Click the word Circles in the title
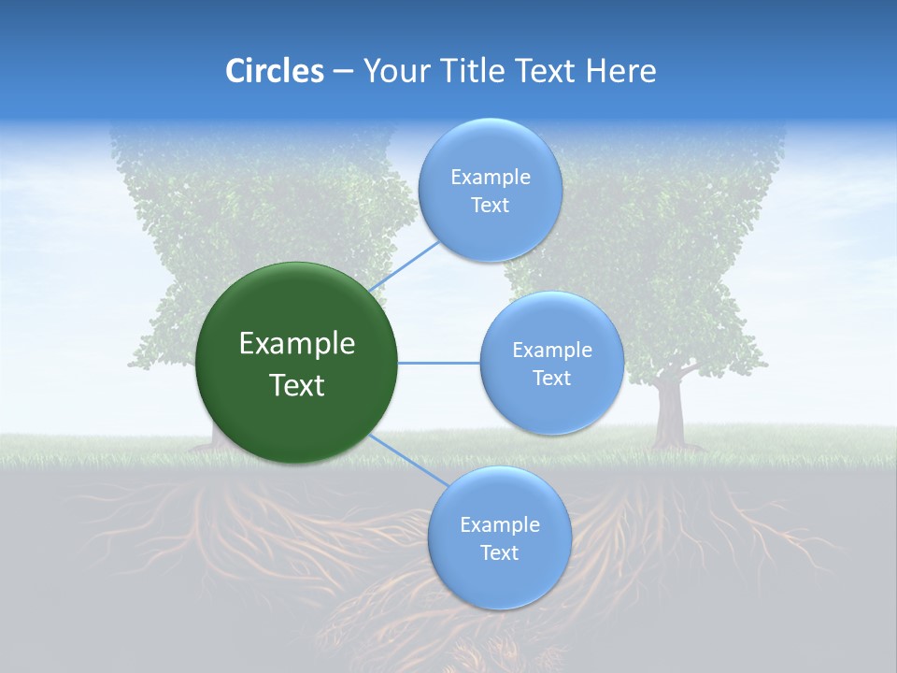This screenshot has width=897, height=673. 275,71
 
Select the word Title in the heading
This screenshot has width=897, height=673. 478,71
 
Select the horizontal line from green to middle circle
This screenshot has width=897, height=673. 438,363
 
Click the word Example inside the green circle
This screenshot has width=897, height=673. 297,344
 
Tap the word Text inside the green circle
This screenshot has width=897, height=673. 297,385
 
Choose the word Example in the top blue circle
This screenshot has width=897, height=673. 490,178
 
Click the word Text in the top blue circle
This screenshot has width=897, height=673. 490,206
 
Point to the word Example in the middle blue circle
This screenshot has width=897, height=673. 552,351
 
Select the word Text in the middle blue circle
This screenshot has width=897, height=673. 552,379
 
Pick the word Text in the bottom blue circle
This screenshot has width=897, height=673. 499,553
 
